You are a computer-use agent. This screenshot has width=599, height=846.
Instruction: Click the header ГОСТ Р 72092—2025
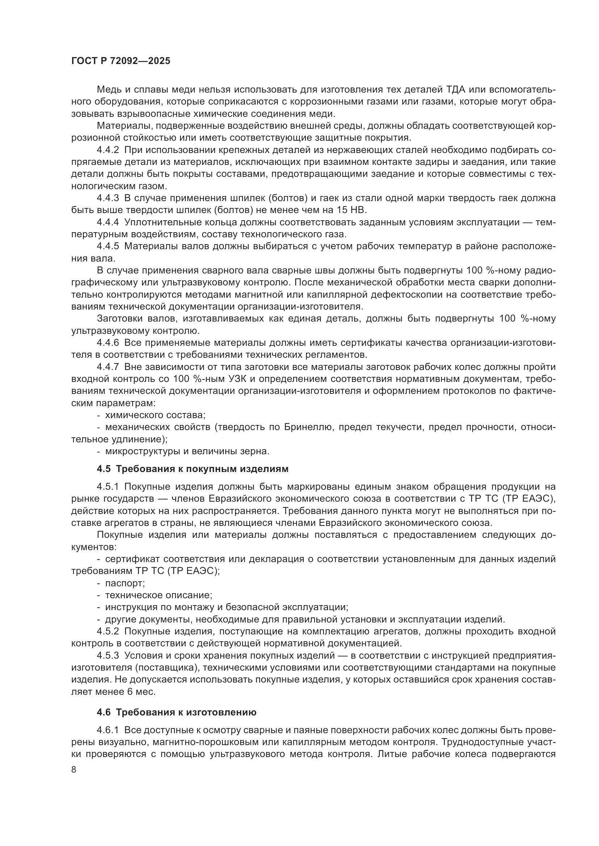121,61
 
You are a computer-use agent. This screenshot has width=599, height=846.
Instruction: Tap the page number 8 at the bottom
74,770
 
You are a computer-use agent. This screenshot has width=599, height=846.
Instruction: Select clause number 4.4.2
108,150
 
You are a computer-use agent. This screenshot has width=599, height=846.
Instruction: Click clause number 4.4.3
108,198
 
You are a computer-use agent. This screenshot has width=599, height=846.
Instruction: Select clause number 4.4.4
108,222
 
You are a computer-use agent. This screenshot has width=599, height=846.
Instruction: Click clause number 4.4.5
108,247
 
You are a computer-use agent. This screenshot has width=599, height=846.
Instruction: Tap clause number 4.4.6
108,343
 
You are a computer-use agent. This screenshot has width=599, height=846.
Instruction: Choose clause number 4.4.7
108,367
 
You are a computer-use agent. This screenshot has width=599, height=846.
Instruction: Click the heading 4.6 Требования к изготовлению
176,713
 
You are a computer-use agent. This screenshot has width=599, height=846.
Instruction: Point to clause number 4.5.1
108,487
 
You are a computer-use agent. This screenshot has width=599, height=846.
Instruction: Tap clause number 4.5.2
108,632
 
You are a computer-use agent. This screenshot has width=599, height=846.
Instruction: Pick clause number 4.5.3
108,656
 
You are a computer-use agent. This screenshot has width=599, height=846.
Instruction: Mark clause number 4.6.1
108,730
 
